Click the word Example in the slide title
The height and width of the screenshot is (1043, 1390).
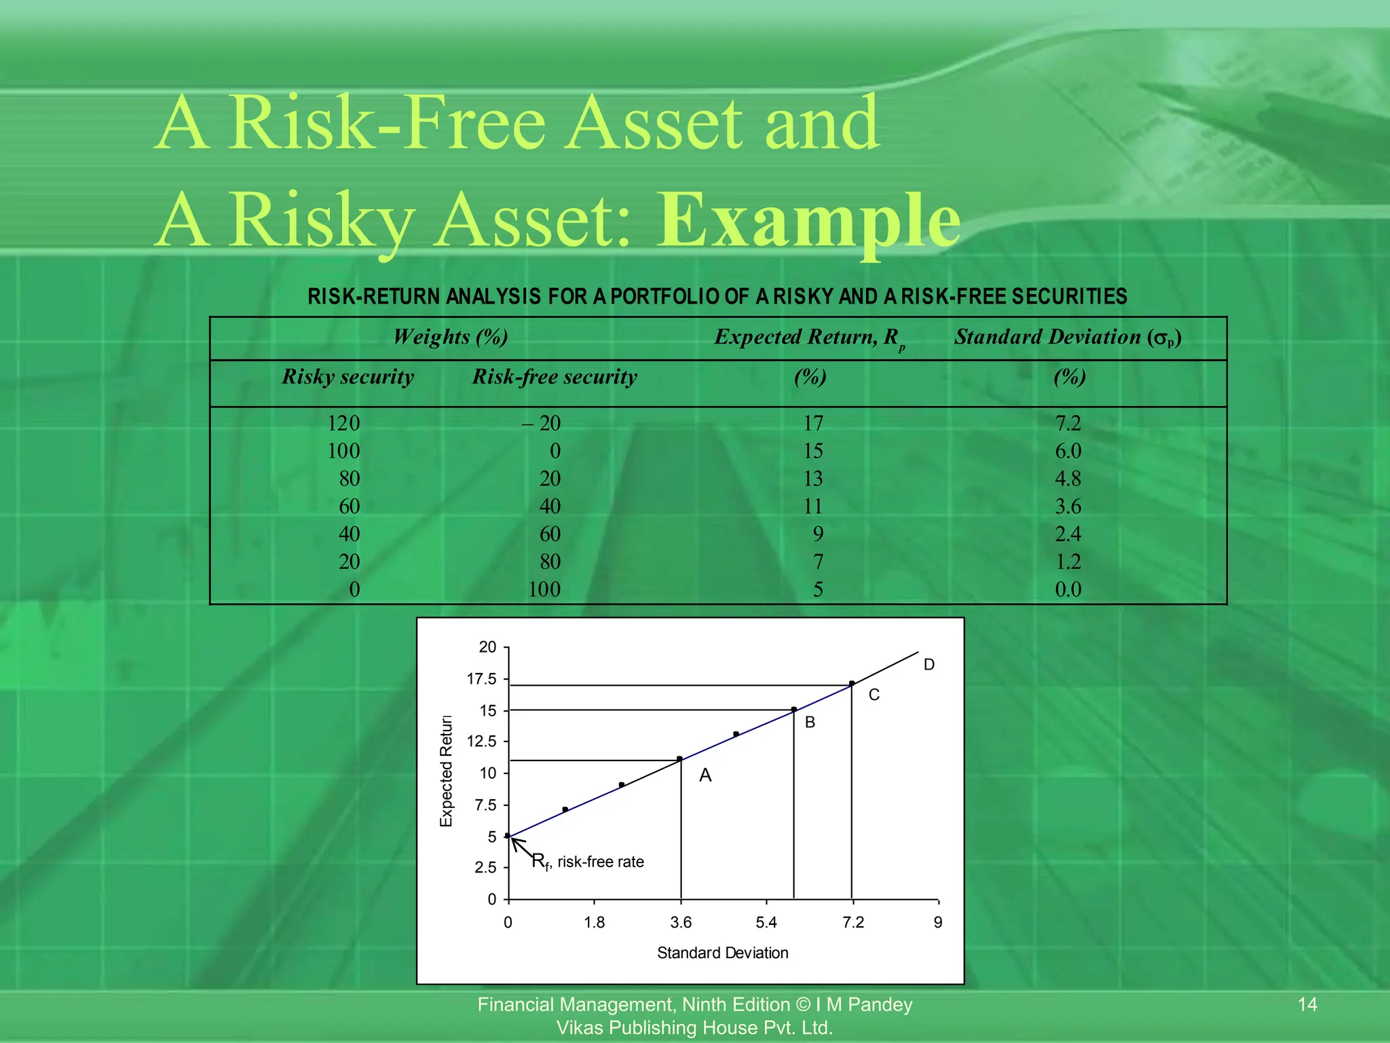click(x=808, y=221)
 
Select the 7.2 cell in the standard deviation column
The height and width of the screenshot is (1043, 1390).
click(x=1068, y=424)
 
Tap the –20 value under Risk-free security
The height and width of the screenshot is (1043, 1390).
click(x=542, y=424)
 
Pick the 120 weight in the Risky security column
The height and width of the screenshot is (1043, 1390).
click(x=343, y=424)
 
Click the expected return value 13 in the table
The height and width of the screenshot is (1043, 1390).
click(x=812, y=479)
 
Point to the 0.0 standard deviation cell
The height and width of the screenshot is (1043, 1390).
click(x=1068, y=589)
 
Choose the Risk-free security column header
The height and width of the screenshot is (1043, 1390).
click(x=555, y=377)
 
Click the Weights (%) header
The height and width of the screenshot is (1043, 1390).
click(x=450, y=337)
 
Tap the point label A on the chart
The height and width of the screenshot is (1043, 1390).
click(x=705, y=775)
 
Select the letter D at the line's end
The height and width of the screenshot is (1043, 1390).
click(x=929, y=665)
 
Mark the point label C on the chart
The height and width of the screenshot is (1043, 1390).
click(x=874, y=695)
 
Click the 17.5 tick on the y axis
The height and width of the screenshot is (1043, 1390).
click(x=482, y=679)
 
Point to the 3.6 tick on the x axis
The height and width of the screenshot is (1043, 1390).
click(x=681, y=922)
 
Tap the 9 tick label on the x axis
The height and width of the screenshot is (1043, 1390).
click(x=938, y=922)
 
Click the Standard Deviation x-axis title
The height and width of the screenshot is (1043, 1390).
click(x=722, y=953)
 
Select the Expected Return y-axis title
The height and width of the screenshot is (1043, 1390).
click(x=446, y=771)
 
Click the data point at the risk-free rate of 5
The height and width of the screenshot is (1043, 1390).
click(x=508, y=836)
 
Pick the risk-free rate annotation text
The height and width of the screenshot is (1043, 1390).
click(x=588, y=862)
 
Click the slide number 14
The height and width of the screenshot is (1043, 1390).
click(x=1307, y=1004)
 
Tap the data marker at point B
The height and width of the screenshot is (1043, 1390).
click(x=794, y=710)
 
